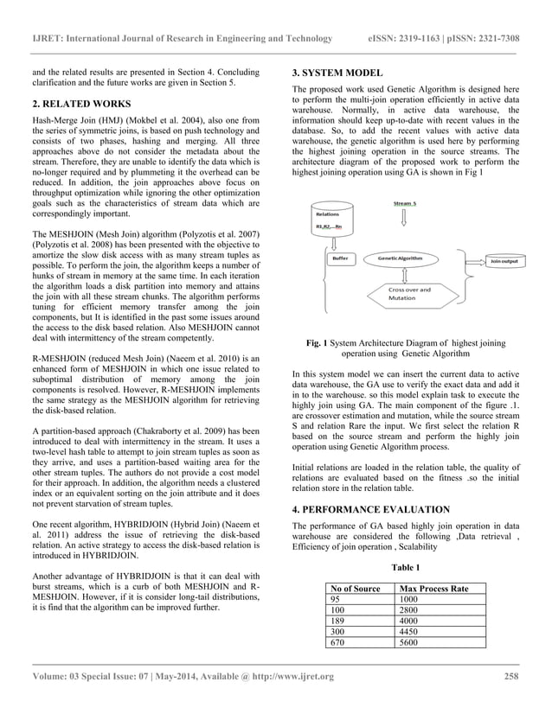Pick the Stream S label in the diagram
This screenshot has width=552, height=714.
[405, 203]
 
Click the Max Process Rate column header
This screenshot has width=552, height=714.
[430, 588]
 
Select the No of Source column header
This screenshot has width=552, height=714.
[356, 588]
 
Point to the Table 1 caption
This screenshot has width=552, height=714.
[406, 567]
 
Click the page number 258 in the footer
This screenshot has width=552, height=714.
[510, 676]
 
